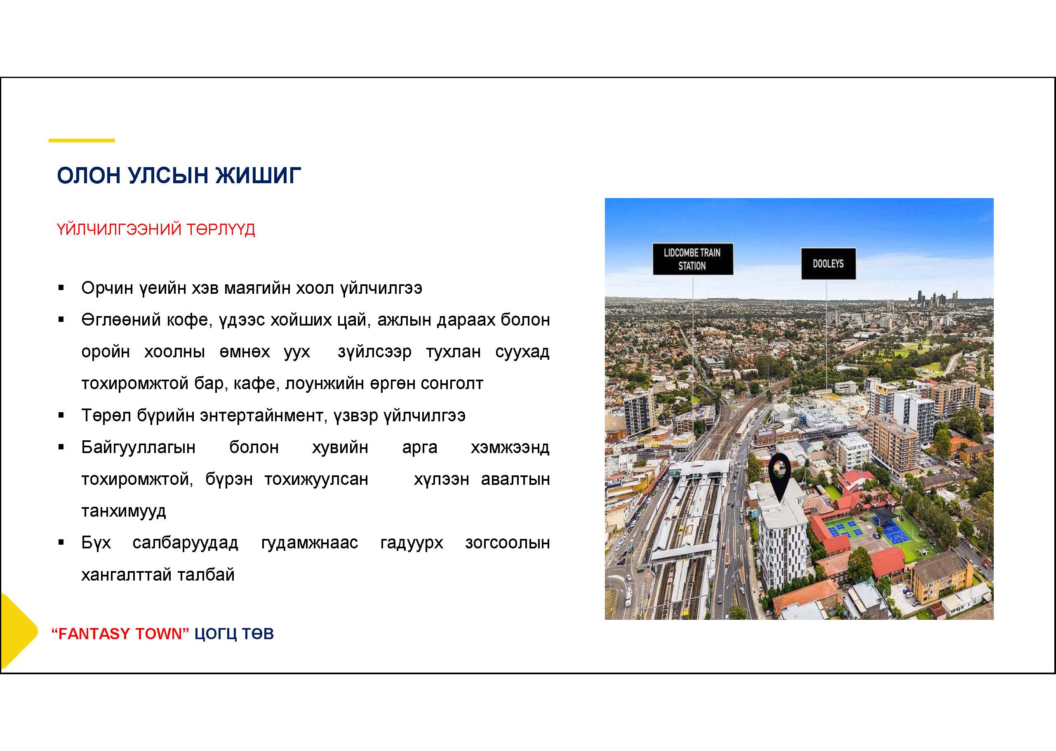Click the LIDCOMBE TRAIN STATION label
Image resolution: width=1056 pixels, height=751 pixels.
click(693, 259)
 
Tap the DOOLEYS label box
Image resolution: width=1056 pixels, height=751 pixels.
click(828, 264)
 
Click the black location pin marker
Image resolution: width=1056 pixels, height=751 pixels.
click(780, 476)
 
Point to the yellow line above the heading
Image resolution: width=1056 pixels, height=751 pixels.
click(82, 140)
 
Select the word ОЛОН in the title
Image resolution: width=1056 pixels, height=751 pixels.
click(89, 176)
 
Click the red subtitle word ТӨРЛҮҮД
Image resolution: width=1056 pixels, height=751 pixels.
click(221, 229)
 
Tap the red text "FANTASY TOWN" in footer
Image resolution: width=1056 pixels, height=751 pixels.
click(120, 633)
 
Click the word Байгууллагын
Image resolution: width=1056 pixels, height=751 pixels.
click(138, 448)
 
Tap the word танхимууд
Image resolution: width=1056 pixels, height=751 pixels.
click(123, 511)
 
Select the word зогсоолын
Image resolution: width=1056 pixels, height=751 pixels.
click(508, 543)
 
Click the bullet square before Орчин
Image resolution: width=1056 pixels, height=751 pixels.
click(61, 288)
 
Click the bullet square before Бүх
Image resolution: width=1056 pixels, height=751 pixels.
click(61, 543)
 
